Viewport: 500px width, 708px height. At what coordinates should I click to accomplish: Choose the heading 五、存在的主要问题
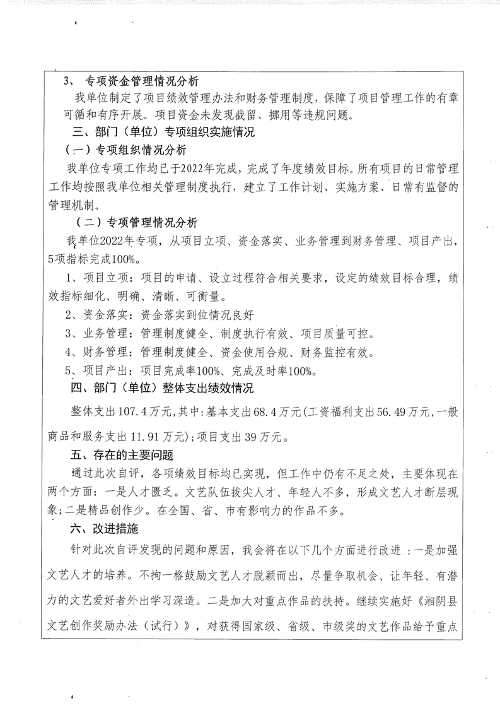(121, 454)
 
